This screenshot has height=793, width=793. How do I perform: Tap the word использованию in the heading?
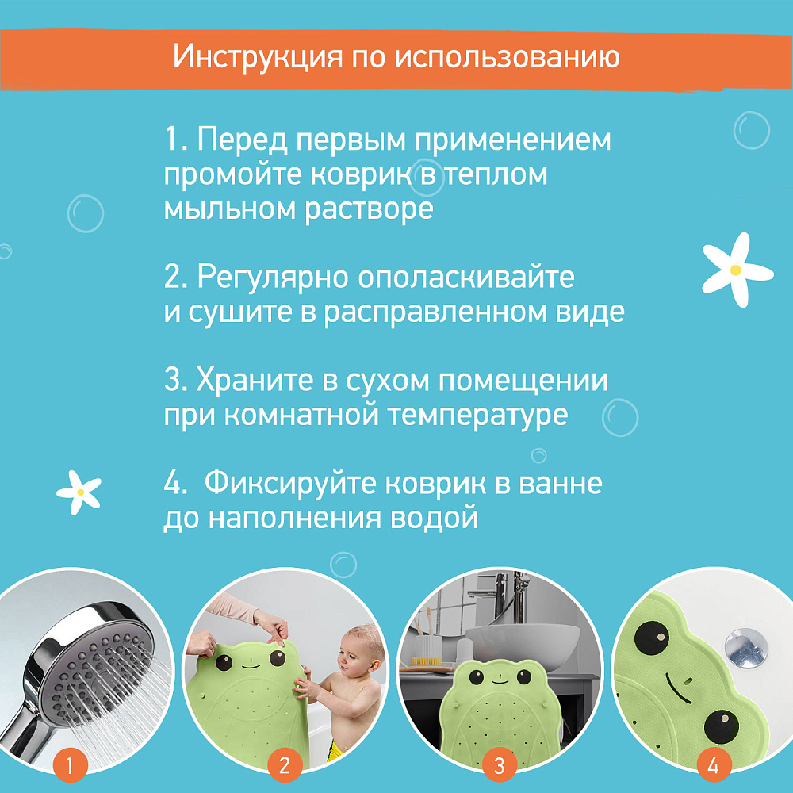508,56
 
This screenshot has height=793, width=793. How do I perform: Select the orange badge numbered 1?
71,764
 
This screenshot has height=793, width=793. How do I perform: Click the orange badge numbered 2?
285,764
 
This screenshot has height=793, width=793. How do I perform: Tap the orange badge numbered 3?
499,764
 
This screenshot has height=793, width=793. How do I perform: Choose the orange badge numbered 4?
714,764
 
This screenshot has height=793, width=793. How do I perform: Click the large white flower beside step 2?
737,270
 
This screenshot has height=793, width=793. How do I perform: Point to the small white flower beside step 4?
79,492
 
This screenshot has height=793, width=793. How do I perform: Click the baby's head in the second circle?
359,651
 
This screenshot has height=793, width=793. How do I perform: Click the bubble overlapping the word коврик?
426,178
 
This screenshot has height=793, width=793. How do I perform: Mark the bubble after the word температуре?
620,417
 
